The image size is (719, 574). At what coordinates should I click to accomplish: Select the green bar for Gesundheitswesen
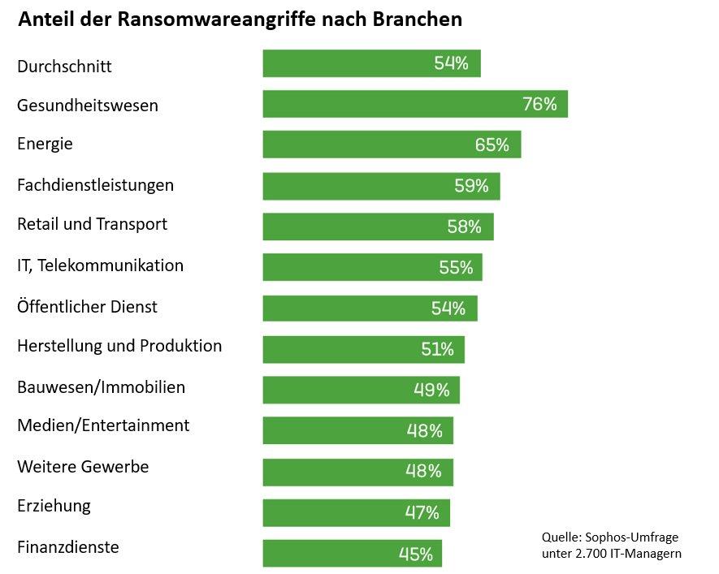(414, 104)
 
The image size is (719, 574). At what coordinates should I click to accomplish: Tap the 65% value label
(492, 145)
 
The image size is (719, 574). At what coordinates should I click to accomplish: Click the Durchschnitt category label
(64, 67)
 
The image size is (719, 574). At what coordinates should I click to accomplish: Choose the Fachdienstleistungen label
(95, 185)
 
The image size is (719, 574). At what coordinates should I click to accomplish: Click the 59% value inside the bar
(471, 186)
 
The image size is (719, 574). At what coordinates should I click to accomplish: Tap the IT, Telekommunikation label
(100, 265)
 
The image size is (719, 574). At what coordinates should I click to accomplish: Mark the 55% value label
(456, 267)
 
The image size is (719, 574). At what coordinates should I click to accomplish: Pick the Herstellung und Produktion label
(119, 346)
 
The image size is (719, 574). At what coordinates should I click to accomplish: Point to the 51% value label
(437, 349)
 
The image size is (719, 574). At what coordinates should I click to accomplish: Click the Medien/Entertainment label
(103, 425)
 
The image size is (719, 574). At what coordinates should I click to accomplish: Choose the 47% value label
(422, 512)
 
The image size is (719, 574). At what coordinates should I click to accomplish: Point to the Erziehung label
(54, 507)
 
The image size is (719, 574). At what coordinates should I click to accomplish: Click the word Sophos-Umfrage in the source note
(631, 537)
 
